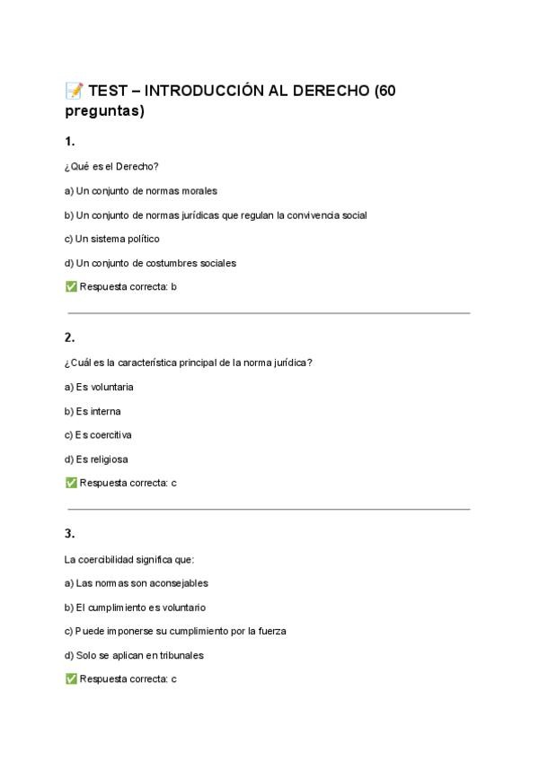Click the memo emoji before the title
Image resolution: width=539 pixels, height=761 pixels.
pos(74,91)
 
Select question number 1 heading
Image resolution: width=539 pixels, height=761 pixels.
pos(69,141)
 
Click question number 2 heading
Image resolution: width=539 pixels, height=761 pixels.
pos(69,337)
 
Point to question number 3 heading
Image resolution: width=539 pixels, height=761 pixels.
pos(69,533)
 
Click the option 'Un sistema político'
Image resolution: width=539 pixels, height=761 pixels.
pos(112,239)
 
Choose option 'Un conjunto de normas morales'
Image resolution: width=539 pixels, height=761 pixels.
pos(141,190)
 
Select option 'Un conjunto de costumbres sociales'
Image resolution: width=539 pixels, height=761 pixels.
pos(150,263)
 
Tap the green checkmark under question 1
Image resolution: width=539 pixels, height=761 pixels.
pos(71,287)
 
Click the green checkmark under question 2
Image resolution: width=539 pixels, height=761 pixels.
pos(71,483)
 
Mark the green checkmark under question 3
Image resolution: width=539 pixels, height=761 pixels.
pos(71,679)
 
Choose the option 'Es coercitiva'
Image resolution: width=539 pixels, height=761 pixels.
pos(98,435)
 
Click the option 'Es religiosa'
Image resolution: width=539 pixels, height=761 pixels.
pos(96,459)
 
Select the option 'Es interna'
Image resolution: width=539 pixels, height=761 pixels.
pos(93,411)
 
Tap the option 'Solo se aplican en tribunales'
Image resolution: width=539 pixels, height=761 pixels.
pos(135,655)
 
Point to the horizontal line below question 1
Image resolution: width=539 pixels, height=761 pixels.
pos(269,313)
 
